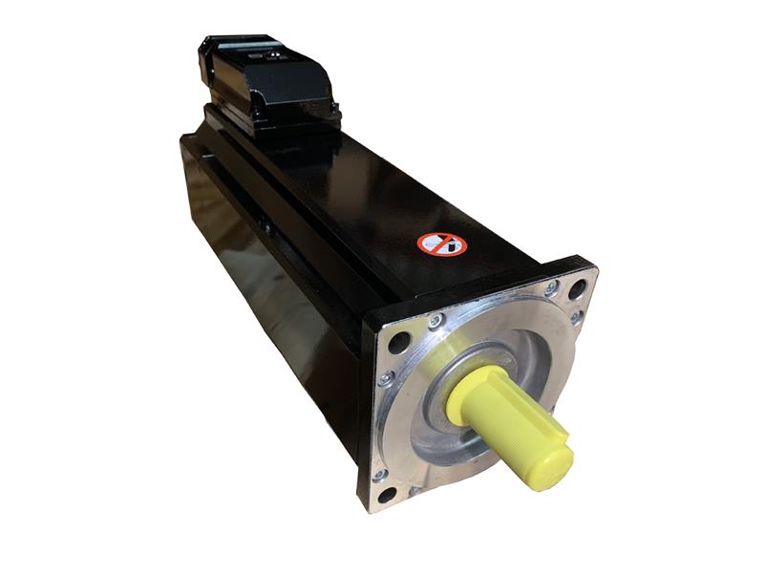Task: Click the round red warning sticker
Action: [x=441, y=244]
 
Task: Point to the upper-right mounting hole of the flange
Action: [x=577, y=284]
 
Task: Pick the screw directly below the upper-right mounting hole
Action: [x=576, y=316]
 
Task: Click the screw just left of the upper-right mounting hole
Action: [x=552, y=286]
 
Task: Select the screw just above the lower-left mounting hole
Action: [x=379, y=473]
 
